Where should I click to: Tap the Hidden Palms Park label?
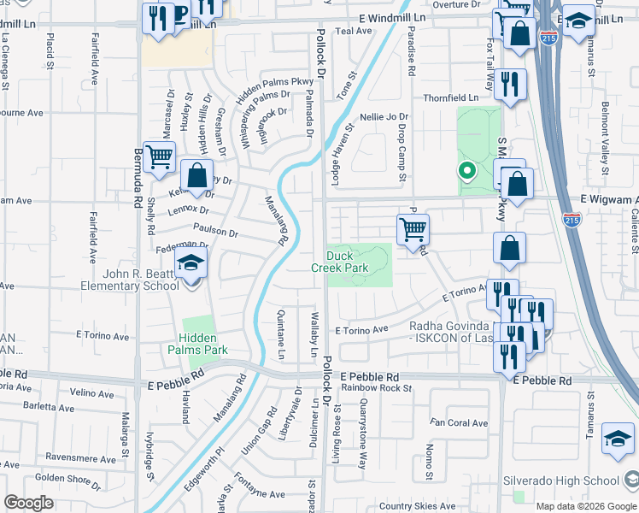204,345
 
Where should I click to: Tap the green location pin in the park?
466,170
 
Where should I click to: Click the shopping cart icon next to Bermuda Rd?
158,157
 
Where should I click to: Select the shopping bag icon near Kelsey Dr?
197,175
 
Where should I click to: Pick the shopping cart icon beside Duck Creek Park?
413,229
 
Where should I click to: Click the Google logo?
28,503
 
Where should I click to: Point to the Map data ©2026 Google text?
585,506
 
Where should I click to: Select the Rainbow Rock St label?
376,388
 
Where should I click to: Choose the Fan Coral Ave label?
459,422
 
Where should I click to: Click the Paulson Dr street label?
215,231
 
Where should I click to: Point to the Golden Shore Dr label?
68,477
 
